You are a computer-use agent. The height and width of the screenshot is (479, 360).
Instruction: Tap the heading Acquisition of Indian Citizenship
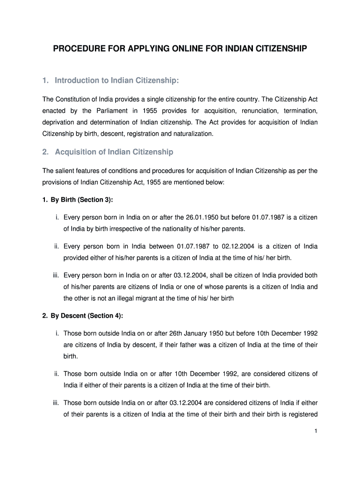[x=114, y=152]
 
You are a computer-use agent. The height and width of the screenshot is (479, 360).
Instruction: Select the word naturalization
[x=191, y=133]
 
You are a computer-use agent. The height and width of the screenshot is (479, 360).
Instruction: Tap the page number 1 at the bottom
[x=316, y=431]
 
